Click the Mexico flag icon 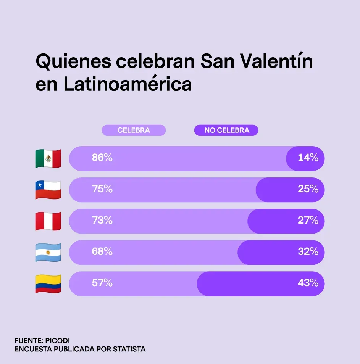(x=48, y=158)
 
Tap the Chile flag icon (x=48, y=190)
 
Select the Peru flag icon (x=48, y=221)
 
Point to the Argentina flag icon (x=48, y=252)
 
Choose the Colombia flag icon (x=48, y=283)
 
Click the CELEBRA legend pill (x=134, y=130)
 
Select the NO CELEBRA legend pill (x=226, y=130)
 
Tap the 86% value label (x=102, y=158)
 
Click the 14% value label (x=308, y=158)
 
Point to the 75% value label (x=102, y=189)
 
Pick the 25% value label (x=308, y=189)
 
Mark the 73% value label (x=102, y=220)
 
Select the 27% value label (x=308, y=220)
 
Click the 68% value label (x=102, y=251)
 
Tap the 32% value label (x=308, y=251)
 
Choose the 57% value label (x=102, y=283)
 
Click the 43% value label (x=308, y=283)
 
